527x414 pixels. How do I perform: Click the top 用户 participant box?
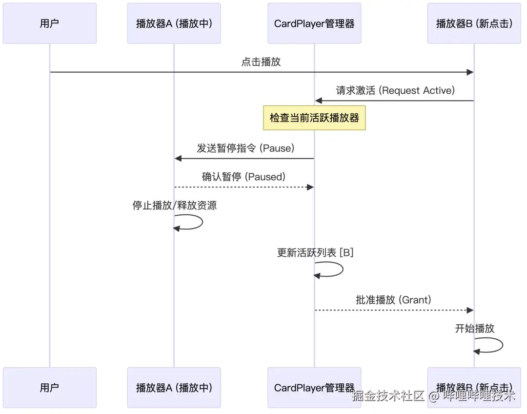[x=49, y=23]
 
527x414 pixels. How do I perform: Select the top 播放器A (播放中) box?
[x=174, y=23]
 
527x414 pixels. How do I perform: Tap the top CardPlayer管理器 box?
[x=314, y=23]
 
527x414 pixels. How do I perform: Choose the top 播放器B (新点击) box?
[x=474, y=23]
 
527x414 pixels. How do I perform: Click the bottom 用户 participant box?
[x=49, y=388]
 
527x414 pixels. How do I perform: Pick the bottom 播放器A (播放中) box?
[x=174, y=388]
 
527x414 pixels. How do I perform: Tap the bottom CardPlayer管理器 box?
[x=314, y=388]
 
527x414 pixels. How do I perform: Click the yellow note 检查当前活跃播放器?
[x=314, y=118]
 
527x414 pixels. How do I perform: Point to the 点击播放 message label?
[x=261, y=62]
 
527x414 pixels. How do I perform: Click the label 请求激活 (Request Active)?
[x=395, y=90]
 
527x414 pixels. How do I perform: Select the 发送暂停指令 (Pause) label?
[x=245, y=148]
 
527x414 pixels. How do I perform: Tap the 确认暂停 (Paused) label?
[x=243, y=177]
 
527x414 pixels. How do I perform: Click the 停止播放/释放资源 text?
[x=174, y=206]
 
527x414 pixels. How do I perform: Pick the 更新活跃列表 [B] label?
[x=315, y=252]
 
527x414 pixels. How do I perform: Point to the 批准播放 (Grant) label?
[x=393, y=300]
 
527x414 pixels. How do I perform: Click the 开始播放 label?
[x=474, y=329]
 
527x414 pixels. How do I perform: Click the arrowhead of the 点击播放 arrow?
[x=470, y=72]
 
